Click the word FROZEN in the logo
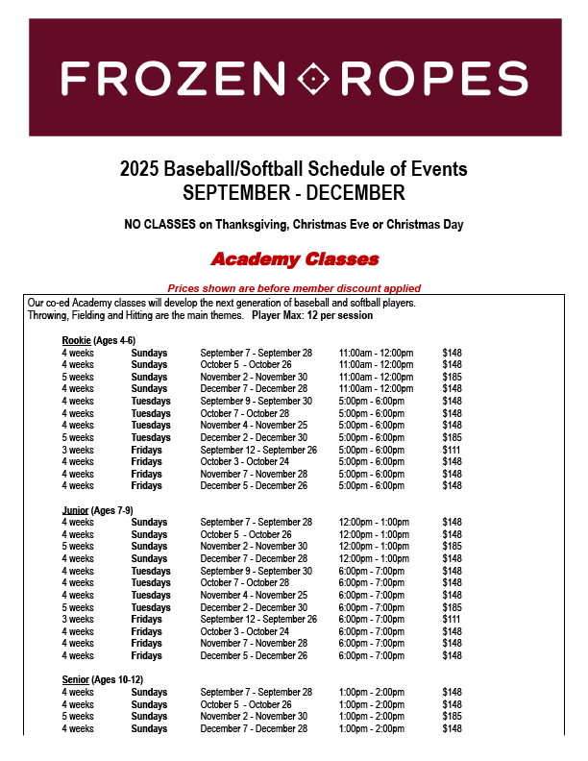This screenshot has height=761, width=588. pyautogui.click(x=168, y=79)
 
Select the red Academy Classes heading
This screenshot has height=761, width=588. pyautogui.click(x=294, y=259)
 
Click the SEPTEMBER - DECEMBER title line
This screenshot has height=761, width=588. pyautogui.click(x=294, y=193)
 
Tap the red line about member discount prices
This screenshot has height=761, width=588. pyautogui.click(x=294, y=288)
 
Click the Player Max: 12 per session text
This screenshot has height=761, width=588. pyautogui.click(x=312, y=315)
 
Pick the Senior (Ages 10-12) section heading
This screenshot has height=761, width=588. pyautogui.click(x=101, y=680)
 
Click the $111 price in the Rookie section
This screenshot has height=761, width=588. pyautogui.click(x=451, y=450)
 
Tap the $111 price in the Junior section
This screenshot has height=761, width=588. pyautogui.click(x=451, y=620)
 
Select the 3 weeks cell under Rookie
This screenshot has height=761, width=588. pyautogui.click(x=78, y=450)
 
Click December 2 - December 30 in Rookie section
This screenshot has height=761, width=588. pyautogui.click(x=254, y=437)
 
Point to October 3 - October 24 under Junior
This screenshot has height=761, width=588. pyautogui.click(x=245, y=631)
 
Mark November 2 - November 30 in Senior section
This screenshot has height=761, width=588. pyautogui.click(x=254, y=717)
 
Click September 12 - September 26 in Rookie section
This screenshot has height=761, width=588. pyautogui.click(x=258, y=450)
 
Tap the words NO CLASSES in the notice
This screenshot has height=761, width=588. pyautogui.click(x=158, y=225)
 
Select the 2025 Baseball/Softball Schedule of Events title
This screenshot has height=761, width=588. pyautogui.click(x=294, y=169)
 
